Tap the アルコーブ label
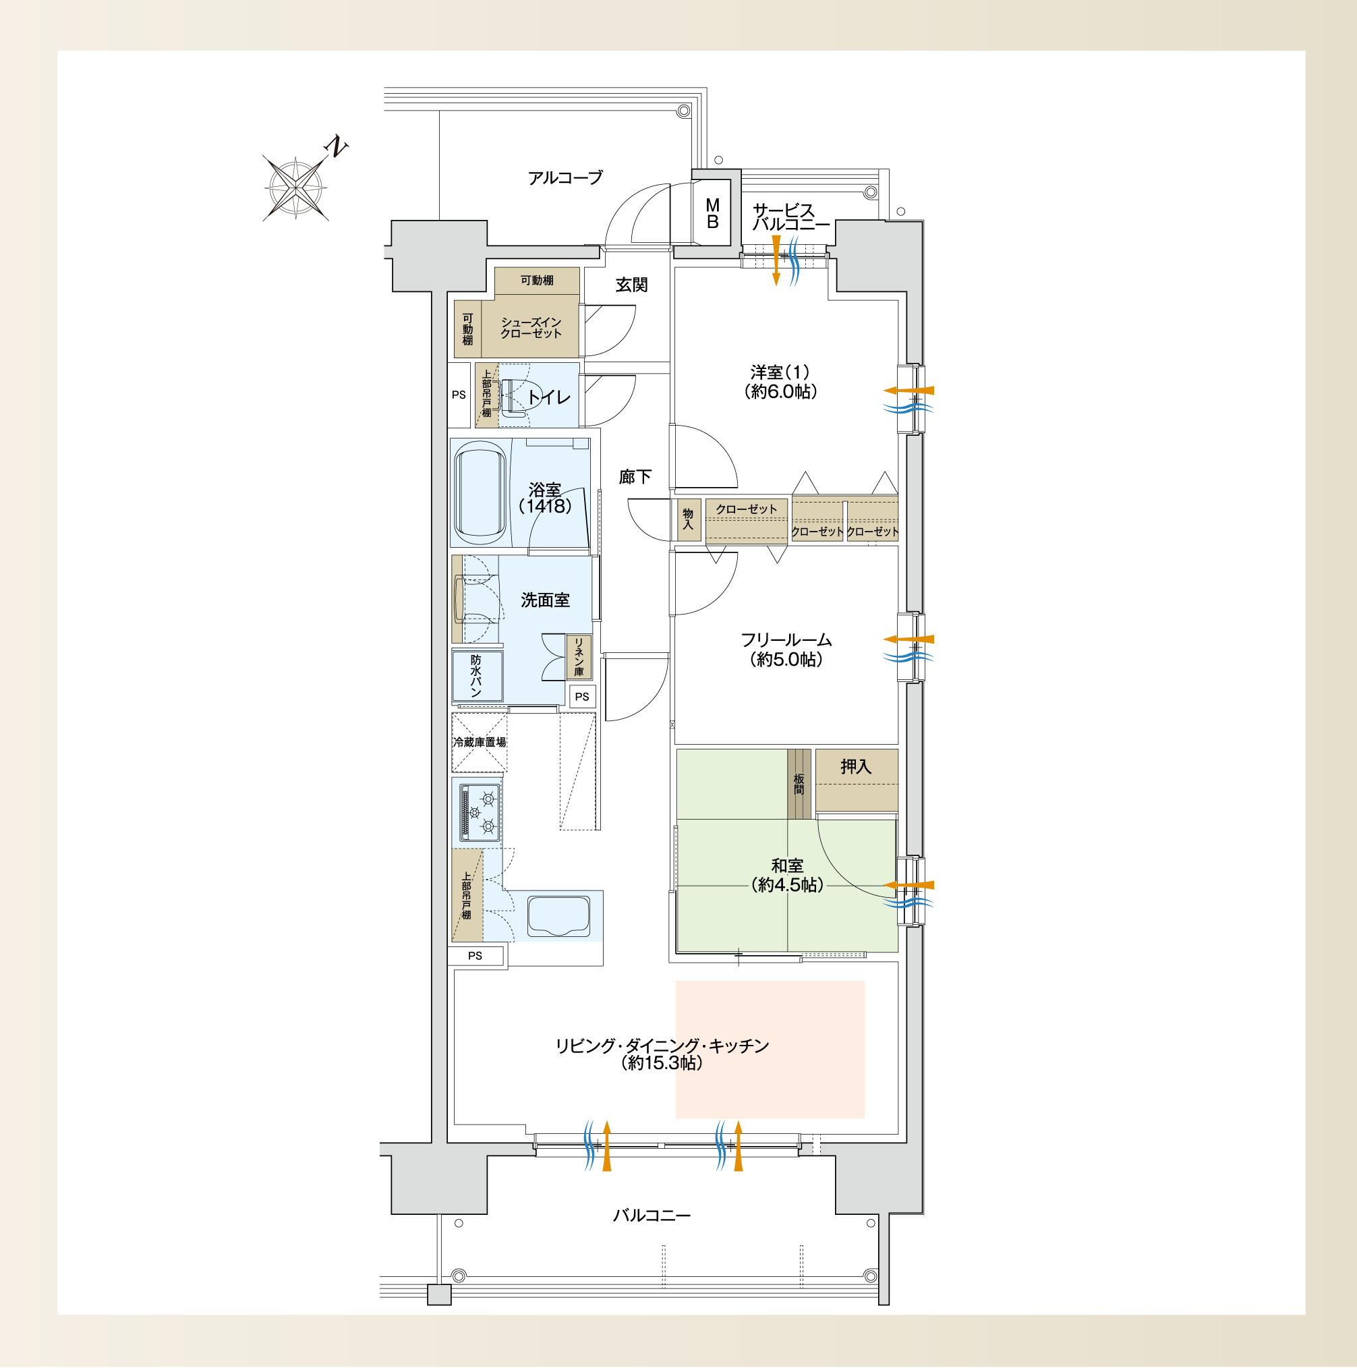[x=565, y=177]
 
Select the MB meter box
[x=712, y=213]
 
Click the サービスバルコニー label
[x=790, y=217]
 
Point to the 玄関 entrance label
[x=631, y=285]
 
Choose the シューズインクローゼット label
[x=531, y=328]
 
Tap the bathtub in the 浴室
[x=481, y=493]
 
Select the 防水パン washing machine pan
[x=478, y=675]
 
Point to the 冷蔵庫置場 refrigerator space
[x=480, y=742]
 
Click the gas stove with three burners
[x=480, y=812]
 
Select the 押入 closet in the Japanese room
[x=857, y=780]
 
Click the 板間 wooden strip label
[x=799, y=784]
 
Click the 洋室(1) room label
[x=780, y=382]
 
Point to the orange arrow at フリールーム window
[x=908, y=639]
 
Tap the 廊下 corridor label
[x=635, y=477]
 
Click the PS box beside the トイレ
[x=459, y=395]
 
